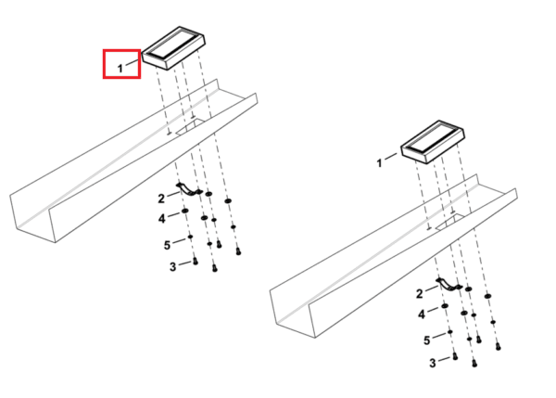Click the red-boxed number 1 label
(120, 68)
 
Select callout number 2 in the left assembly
(161, 199)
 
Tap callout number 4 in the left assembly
(161, 218)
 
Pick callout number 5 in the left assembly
(167, 245)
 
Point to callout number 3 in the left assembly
(172, 266)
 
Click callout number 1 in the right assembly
(379, 163)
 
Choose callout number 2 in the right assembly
(420, 293)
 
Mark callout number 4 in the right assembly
(422, 315)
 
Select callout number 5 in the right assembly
(426, 340)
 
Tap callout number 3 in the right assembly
(433, 363)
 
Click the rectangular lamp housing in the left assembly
(173, 47)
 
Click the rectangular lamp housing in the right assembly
(433, 142)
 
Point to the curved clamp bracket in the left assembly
(189, 190)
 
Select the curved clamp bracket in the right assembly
(449, 285)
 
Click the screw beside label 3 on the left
(195, 262)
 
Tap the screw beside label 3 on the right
(455, 356)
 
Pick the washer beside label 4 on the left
(184, 212)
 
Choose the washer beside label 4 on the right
(445, 306)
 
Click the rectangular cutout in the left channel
(190, 127)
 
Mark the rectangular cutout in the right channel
(450, 222)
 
